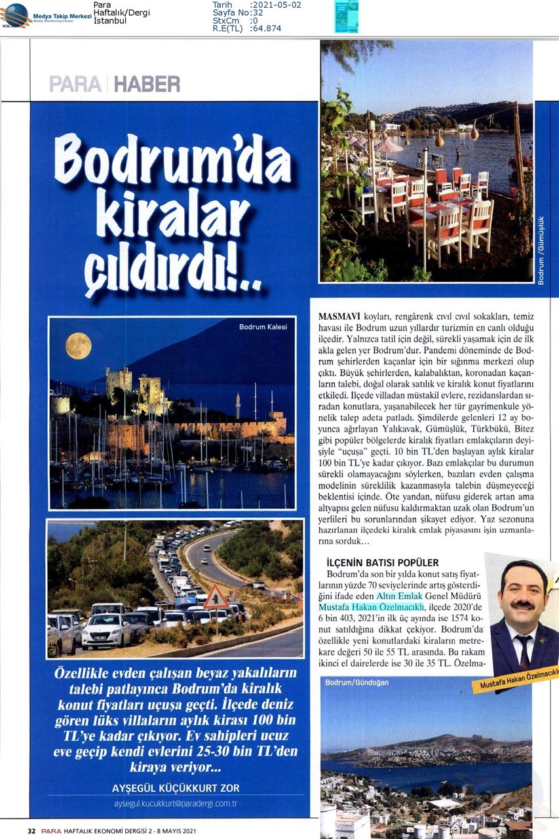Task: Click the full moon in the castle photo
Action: point(78,345)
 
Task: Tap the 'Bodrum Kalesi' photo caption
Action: point(263,326)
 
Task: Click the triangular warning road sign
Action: point(216,598)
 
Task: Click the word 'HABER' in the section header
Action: point(147,84)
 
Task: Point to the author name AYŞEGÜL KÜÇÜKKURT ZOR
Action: point(176,788)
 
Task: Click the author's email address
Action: point(176,803)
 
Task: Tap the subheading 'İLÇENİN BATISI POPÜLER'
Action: point(382,562)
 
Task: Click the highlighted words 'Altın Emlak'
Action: point(399,596)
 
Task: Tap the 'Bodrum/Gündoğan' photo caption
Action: point(357,682)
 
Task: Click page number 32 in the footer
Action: point(31,831)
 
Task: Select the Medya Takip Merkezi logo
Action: point(46,14)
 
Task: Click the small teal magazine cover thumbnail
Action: point(346,16)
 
